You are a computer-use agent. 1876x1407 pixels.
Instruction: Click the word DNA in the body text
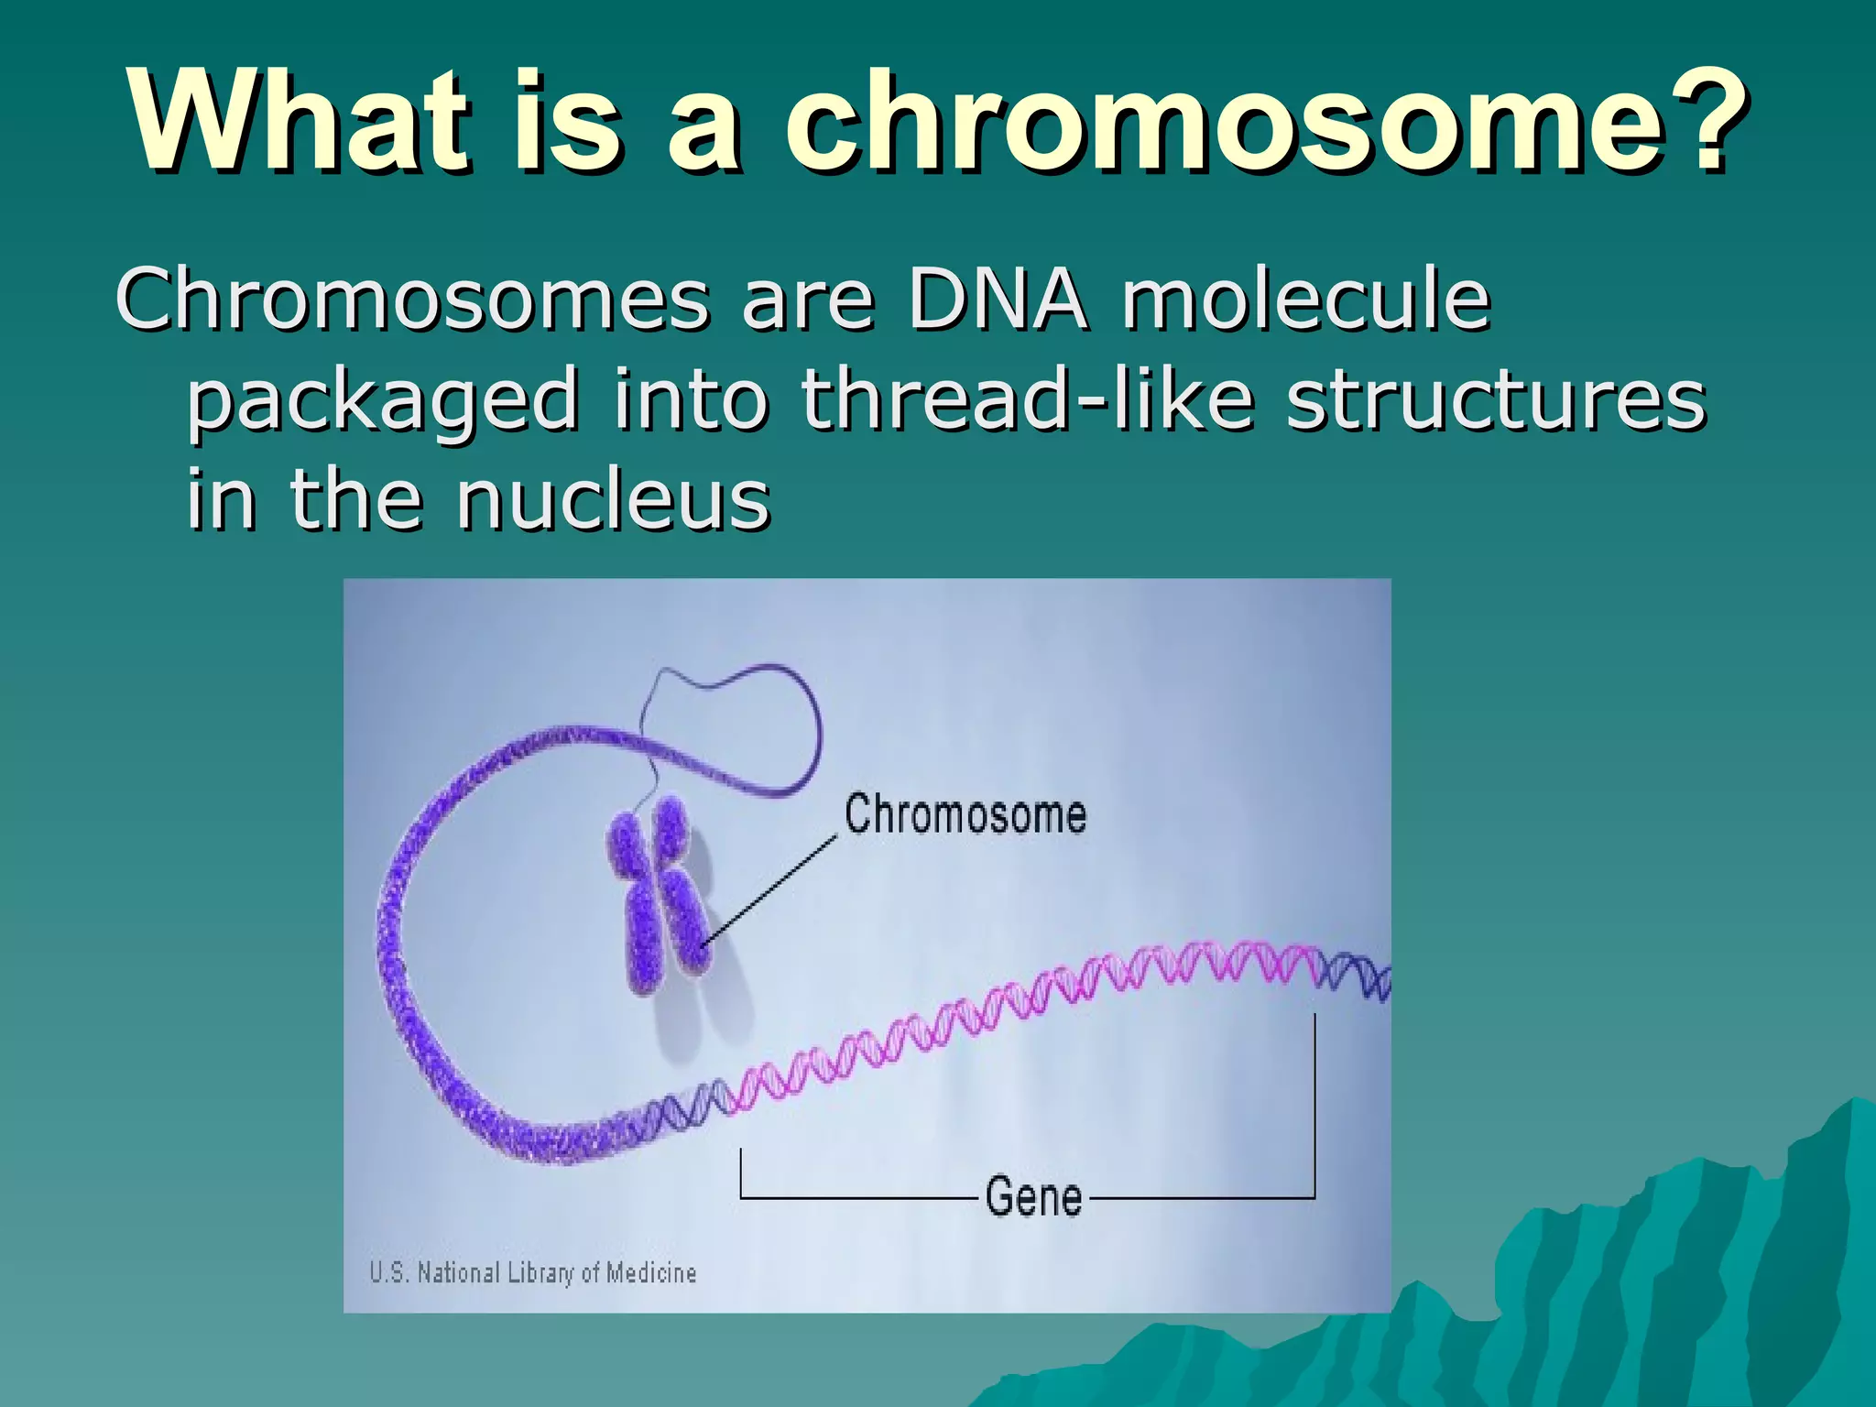[998, 300]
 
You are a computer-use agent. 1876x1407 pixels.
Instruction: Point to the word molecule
[1306, 300]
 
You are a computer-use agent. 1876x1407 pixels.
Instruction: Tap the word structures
[1495, 400]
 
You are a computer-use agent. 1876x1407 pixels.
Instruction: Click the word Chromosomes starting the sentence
[412, 300]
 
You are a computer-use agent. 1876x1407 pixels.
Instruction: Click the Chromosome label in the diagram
[965, 814]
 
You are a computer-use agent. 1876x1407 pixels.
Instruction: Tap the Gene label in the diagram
[1033, 1196]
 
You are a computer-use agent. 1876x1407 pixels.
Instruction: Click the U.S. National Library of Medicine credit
[532, 1272]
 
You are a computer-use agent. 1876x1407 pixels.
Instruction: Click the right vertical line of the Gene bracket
[1314, 1108]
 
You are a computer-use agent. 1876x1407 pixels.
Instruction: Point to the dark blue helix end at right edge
[1360, 976]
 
